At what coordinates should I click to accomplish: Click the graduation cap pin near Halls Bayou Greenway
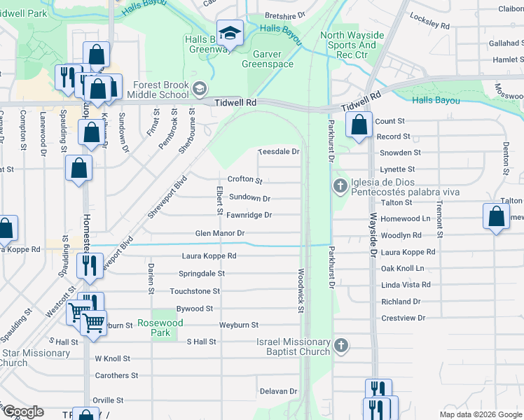(x=229, y=32)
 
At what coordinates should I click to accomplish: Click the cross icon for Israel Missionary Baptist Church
(x=340, y=345)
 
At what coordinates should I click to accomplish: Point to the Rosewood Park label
(x=160, y=328)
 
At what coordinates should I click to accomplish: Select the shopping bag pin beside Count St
(x=359, y=125)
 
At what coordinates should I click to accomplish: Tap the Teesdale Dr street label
(x=279, y=151)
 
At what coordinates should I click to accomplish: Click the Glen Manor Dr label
(x=219, y=233)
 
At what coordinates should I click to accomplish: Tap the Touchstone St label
(x=195, y=290)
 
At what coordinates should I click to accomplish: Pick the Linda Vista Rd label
(x=406, y=285)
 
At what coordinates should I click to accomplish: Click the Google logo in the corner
(x=23, y=412)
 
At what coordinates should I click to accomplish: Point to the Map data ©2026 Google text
(x=481, y=414)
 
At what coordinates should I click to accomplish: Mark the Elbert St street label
(x=219, y=201)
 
